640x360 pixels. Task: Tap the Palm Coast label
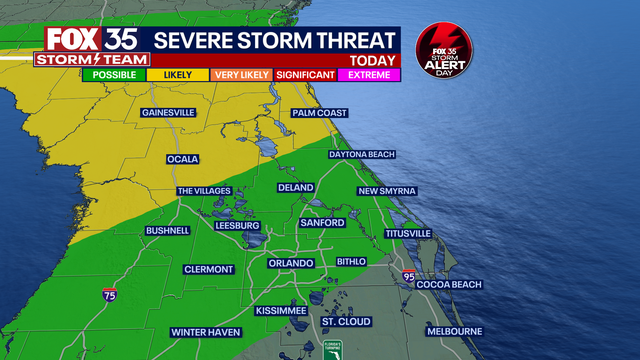click(320, 113)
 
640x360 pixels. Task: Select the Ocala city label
click(182, 159)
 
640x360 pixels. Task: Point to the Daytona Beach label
click(362, 154)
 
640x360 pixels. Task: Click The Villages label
click(204, 191)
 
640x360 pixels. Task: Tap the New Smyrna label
click(388, 191)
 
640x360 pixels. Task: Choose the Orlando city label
click(291, 263)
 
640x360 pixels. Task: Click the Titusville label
click(407, 233)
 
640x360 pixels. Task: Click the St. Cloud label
click(346, 322)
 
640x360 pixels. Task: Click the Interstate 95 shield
click(408, 276)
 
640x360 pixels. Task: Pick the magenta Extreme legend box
click(371, 74)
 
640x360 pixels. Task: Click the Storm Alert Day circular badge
click(444, 51)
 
